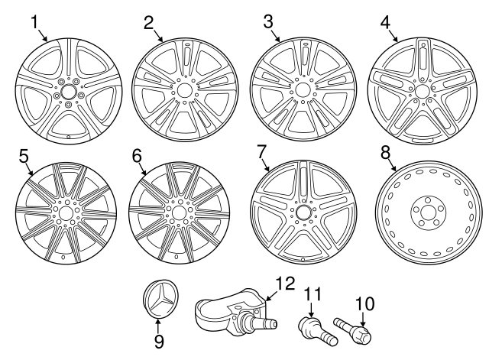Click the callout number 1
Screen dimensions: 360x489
click(34, 21)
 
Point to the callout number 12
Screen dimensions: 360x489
click(284, 284)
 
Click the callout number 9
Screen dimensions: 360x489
click(158, 341)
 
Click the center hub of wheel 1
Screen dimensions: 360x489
click(66, 92)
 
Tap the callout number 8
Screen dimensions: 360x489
click(386, 151)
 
